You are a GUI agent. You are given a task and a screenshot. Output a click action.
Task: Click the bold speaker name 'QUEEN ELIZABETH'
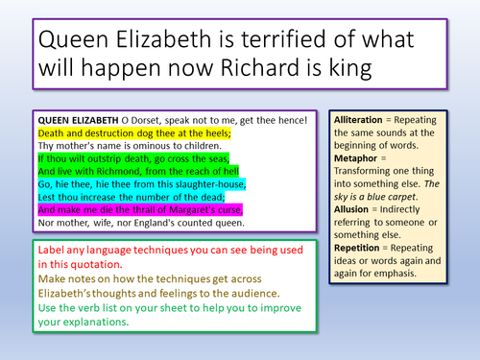77,119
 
